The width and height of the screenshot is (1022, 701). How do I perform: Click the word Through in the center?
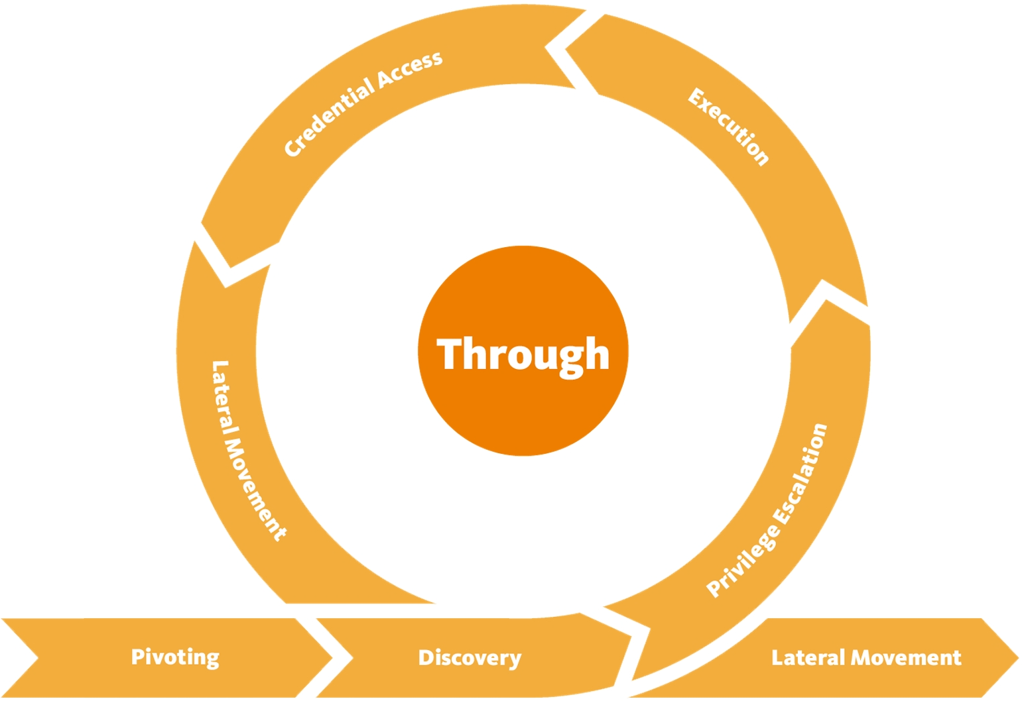pyautogui.click(x=523, y=354)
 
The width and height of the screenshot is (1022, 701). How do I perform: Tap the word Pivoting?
pyautogui.click(x=175, y=657)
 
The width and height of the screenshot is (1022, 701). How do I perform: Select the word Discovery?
pyautogui.click(x=470, y=657)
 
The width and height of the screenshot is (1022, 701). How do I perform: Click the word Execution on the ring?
pyautogui.click(x=728, y=127)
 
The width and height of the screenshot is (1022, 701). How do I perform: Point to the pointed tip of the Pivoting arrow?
pyautogui.click(x=332, y=658)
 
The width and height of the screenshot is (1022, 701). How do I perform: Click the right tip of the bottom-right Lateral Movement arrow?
pyautogui.click(x=1017, y=658)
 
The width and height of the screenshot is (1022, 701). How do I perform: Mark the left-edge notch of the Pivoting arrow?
pyautogui.click(x=38, y=658)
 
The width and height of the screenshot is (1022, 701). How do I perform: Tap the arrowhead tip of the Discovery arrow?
pyautogui.click(x=631, y=637)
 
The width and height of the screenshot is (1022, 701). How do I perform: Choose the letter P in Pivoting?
pyautogui.click(x=137, y=656)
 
